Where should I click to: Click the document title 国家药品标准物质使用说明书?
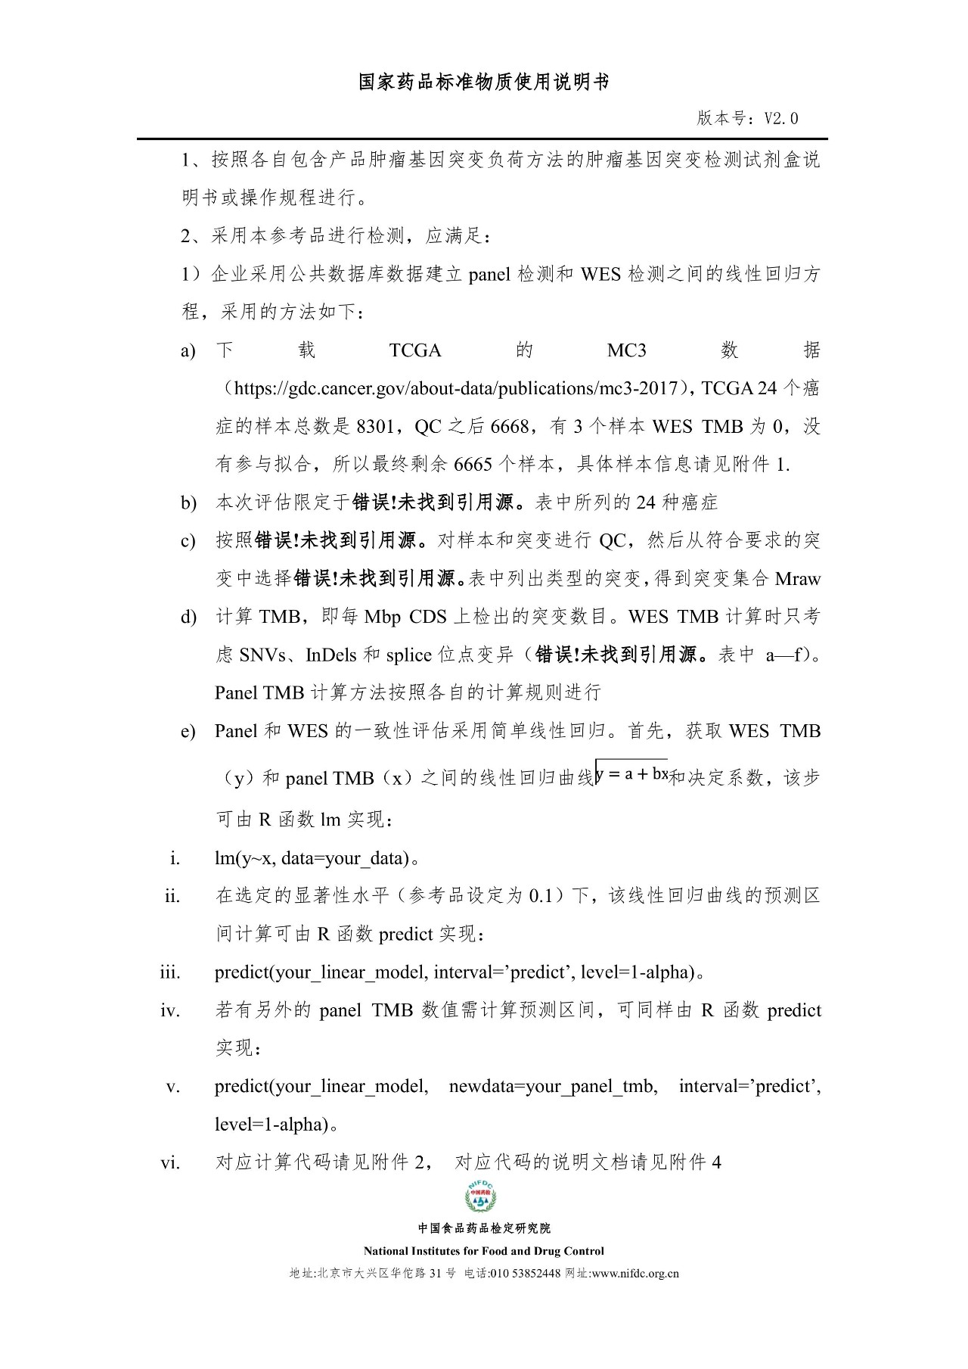point(484,82)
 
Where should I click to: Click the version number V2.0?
point(780,118)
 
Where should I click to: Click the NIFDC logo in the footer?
point(481,1196)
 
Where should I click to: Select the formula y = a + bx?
point(631,774)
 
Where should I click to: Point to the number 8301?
point(375,427)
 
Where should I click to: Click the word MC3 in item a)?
point(627,350)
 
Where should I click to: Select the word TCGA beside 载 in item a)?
point(415,350)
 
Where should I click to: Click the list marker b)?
point(188,503)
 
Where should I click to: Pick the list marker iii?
point(170,972)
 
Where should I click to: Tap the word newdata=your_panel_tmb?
point(553,1087)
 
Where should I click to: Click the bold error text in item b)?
point(443,502)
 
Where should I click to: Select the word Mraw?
point(798,579)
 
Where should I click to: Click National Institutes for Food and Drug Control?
point(484,1251)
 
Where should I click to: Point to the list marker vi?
point(171,1163)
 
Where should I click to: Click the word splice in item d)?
point(408,655)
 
